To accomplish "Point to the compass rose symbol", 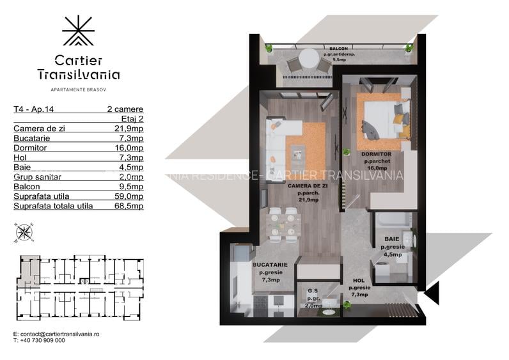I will (x=24, y=232).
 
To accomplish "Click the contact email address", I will (x=56, y=334).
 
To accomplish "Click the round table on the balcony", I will (x=309, y=57).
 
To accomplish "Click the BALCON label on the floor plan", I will (x=339, y=49).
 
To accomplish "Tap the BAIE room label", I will (x=391, y=240).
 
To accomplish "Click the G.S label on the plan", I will (x=313, y=291).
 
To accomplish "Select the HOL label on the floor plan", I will (x=357, y=281).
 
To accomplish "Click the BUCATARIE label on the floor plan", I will (x=270, y=264).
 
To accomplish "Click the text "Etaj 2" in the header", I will (x=132, y=119).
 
